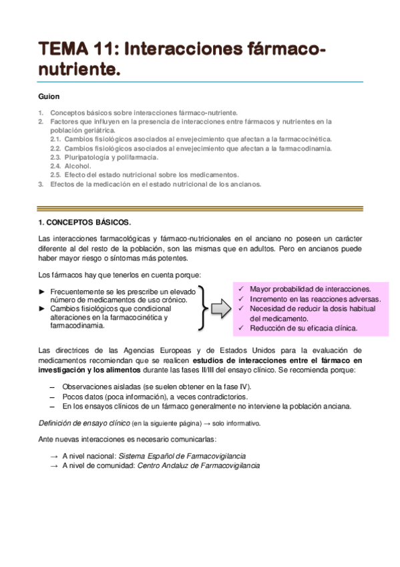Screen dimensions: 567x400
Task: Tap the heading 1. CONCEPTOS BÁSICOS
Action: point(85,221)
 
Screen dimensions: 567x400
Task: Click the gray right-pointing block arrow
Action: point(221,308)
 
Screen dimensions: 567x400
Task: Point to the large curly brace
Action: point(202,306)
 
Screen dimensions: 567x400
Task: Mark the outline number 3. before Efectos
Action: point(41,184)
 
